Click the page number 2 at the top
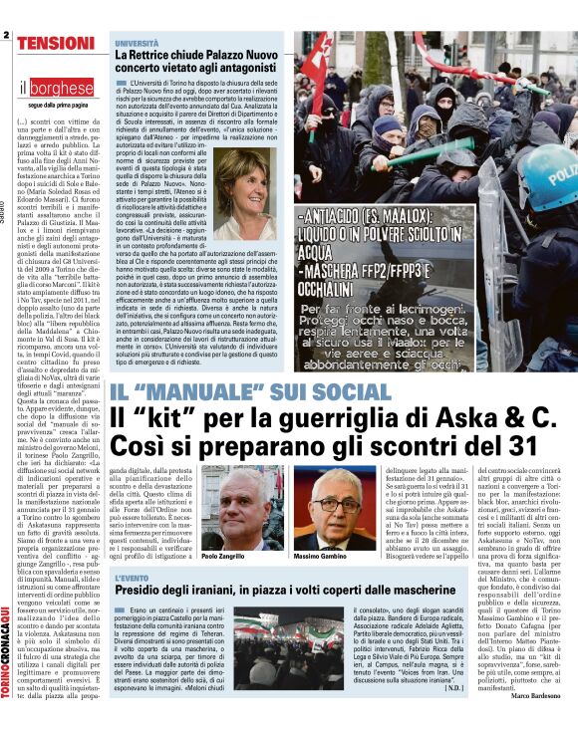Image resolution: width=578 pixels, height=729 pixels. (x=6, y=35)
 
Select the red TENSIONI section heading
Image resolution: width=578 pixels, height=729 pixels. (x=55, y=43)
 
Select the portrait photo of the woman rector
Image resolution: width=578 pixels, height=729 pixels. (x=244, y=194)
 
